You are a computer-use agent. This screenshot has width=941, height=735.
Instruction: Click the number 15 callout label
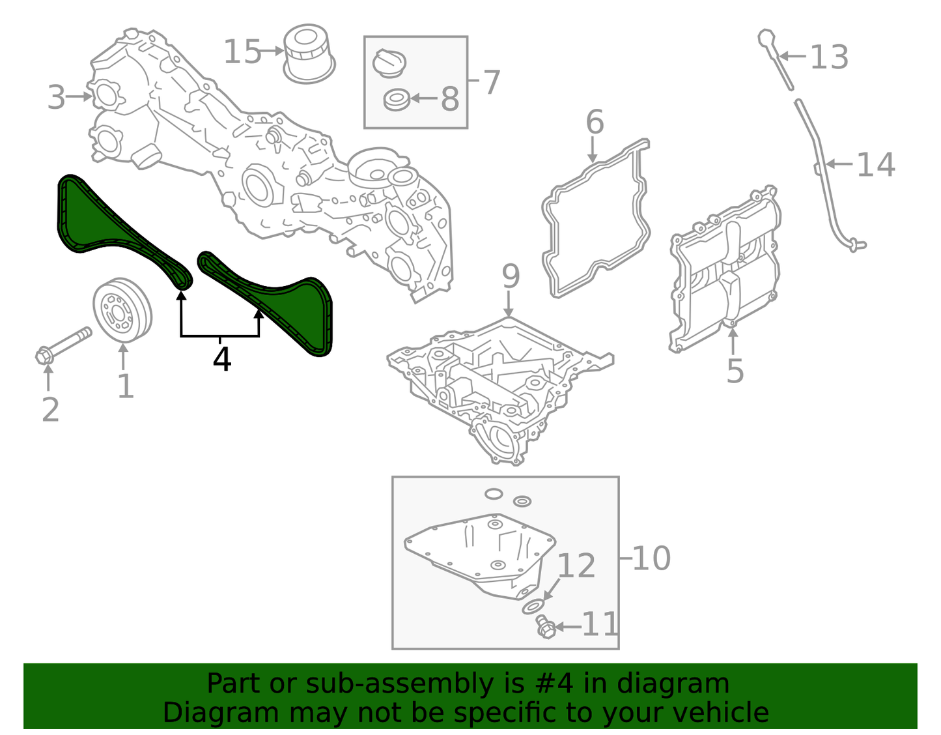tap(242, 52)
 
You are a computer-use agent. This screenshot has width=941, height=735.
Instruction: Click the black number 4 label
tap(222, 360)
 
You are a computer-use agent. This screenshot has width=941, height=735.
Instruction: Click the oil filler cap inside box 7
tap(389, 63)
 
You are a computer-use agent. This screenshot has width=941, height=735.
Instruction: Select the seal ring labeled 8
tap(397, 100)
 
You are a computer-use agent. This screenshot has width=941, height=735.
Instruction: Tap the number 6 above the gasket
tap(595, 122)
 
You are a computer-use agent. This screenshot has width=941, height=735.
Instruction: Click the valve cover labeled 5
tap(726, 267)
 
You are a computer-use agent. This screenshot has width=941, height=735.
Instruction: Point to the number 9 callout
tap(511, 276)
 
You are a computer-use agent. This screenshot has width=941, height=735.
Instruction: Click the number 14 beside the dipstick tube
tap(875, 165)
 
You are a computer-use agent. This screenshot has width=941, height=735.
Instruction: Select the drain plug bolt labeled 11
tap(546, 628)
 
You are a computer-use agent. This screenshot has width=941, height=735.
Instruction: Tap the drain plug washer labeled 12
tap(532, 607)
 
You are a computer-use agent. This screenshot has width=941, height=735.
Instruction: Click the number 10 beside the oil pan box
tap(651, 558)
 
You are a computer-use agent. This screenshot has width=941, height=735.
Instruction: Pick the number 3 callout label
tap(57, 98)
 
